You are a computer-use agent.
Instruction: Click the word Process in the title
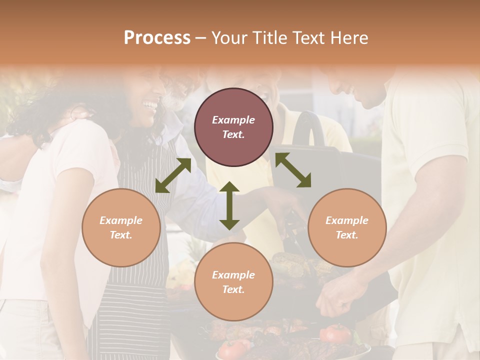157,38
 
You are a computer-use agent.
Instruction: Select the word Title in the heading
267,38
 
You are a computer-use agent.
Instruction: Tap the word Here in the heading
350,38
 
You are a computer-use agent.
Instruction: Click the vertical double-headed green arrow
229,205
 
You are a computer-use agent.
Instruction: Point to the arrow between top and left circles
173,175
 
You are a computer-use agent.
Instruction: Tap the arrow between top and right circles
293,170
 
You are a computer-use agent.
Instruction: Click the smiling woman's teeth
149,104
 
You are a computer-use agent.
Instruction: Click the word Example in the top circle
233,120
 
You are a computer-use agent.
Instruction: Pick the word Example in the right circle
347,220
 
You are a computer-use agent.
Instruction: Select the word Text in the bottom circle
233,289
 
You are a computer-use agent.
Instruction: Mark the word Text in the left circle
121,235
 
